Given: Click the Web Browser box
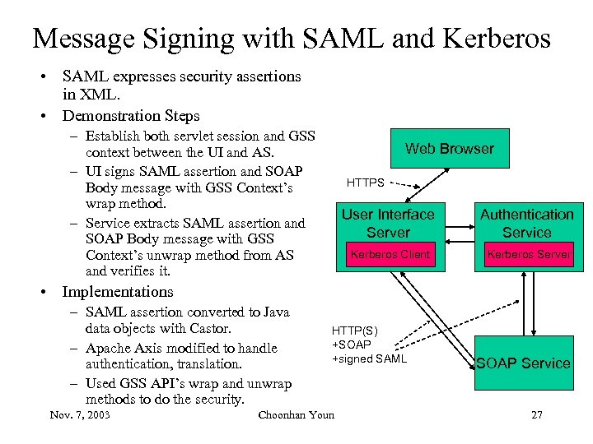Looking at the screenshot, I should click(x=449, y=149).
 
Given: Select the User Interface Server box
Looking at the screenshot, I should click(x=388, y=224).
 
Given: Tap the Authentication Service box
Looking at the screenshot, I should click(x=526, y=224).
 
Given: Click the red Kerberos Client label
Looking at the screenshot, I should click(x=390, y=255).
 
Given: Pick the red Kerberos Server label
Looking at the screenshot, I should click(x=528, y=255).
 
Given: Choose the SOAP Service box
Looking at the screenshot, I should click(x=523, y=363).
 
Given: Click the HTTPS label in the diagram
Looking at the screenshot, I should click(x=365, y=182).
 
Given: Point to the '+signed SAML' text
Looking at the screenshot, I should click(x=369, y=358).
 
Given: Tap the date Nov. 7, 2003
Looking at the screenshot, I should click(x=80, y=414).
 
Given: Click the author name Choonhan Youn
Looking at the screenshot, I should click(x=296, y=414).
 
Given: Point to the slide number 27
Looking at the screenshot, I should click(x=537, y=414).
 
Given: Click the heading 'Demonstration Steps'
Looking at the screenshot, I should click(x=131, y=116).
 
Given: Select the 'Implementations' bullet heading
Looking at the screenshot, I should click(x=118, y=292).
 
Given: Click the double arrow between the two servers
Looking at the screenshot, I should click(x=457, y=233).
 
